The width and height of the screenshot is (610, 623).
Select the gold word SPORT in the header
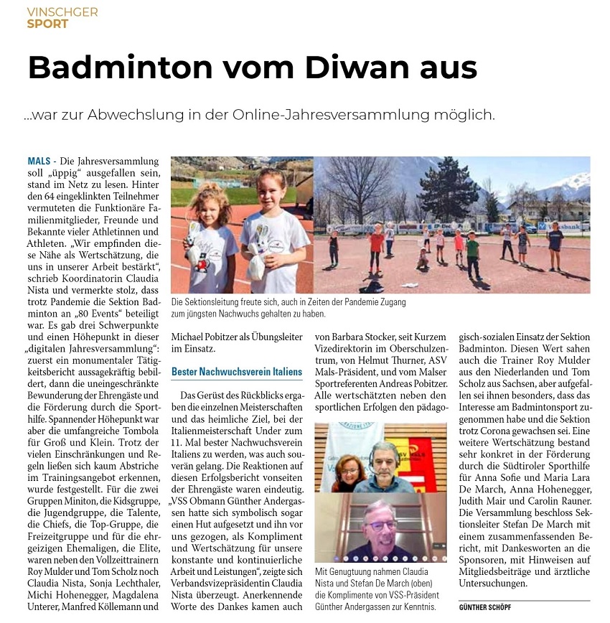point(47,24)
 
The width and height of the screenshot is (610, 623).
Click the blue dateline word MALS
point(39,161)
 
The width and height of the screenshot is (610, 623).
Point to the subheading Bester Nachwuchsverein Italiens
point(237,372)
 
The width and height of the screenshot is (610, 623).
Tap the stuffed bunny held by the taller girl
point(258,255)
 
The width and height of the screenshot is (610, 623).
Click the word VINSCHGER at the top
point(62,12)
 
